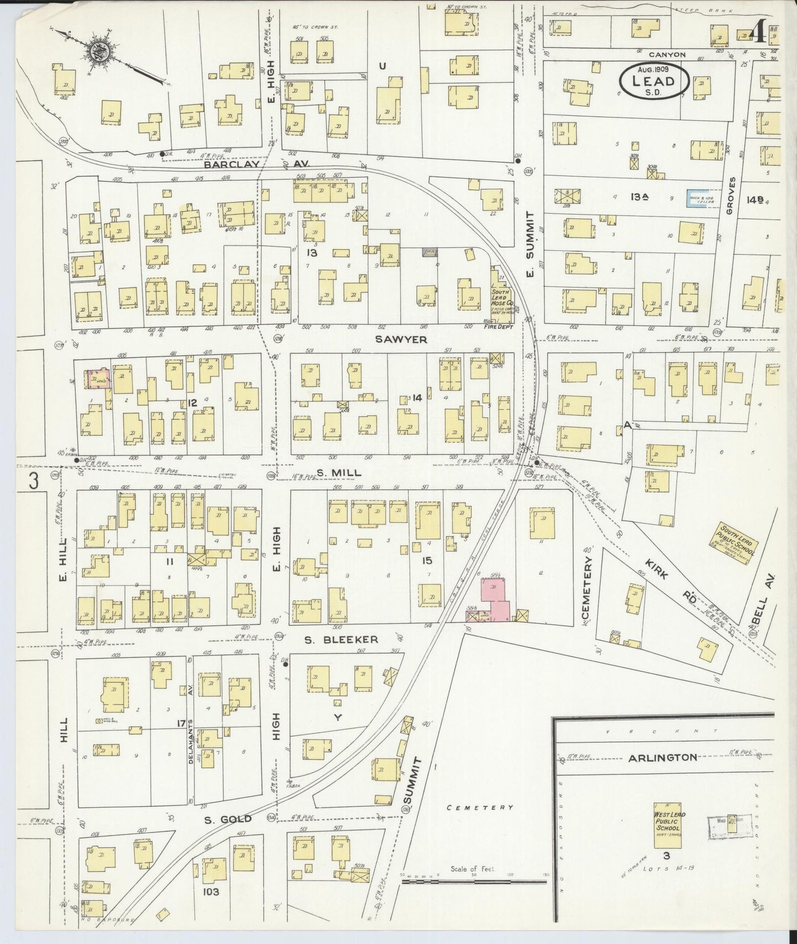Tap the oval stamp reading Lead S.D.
point(654,82)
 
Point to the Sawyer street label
point(401,339)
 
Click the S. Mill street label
point(339,473)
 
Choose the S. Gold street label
point(228,819)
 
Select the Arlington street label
point(662,757)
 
